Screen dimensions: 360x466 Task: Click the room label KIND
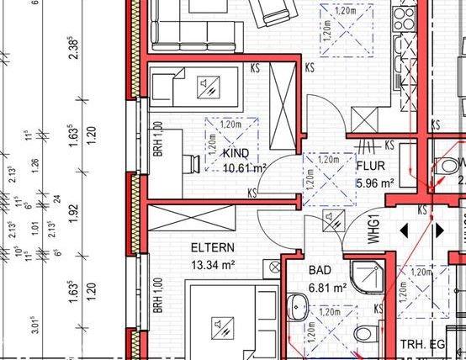(236, 154)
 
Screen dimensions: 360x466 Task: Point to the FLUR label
(370, 167)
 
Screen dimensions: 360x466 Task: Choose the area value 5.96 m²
(375, 182)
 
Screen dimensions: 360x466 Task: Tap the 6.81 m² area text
(329, 288)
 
